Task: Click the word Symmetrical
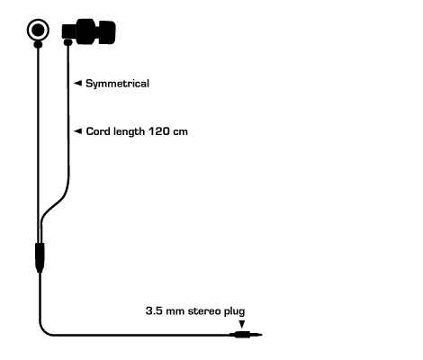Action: (x=117, y=84)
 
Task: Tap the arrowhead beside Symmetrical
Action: (x=77, y=83)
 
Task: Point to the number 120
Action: (x=155, y=131)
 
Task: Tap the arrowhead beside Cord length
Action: (x=77, y=131)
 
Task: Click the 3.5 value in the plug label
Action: (x=154, y=310)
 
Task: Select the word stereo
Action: (x=203, y=311)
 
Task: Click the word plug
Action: (x=233, y=311)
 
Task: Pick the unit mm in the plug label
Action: (x=175, y=311)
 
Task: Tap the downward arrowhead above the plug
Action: (x=241, y=324)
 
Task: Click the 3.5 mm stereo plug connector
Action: (x=246, y=335)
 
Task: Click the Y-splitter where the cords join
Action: (x=40, y=257)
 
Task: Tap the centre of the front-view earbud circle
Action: (x=38, y=30)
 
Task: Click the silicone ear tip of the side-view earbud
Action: (x=107, y=32)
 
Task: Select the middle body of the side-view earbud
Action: (x=86, y=31)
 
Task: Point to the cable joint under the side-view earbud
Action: (x=68, y=42)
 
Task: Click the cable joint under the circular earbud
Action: (x=38, y=45)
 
